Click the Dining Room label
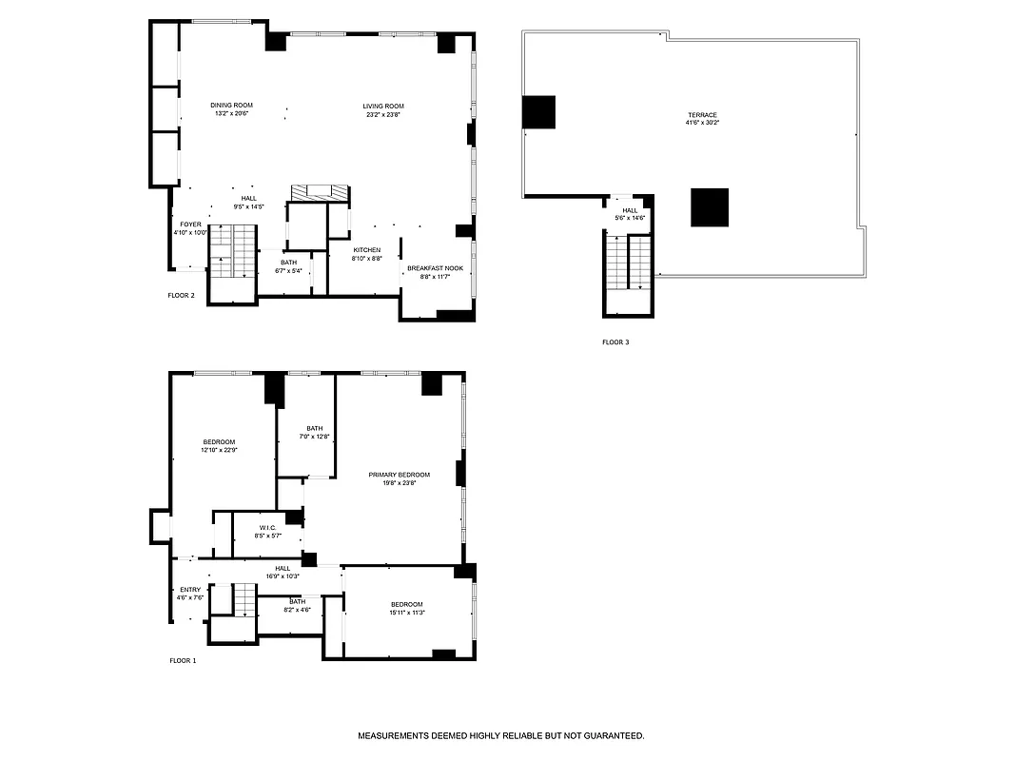point(231,105)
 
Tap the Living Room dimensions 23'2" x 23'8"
point(383,115)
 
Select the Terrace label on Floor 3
point(702,115)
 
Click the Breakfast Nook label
point(435,268)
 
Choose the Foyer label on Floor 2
point(190,224)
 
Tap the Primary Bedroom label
point(400,475)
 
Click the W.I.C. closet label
point(267,526)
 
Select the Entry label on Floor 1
point(190,590)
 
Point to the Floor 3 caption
point(615,342)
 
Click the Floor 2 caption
point(181,296)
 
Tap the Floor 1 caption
point(183,660)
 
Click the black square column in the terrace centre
point(710,207)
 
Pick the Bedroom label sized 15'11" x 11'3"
point(407,605)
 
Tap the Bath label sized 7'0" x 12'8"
point(314,428)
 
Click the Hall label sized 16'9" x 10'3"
point(283,568)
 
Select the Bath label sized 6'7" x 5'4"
point(288,263)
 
